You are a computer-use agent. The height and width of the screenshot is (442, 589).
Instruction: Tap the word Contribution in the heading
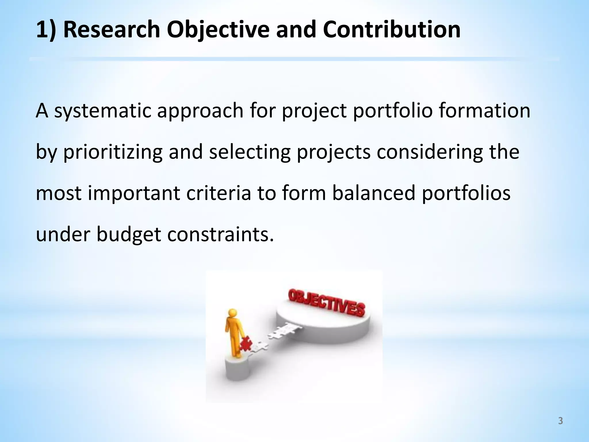point(391,30)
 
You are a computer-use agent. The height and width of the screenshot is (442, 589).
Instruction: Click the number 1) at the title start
point(46,30)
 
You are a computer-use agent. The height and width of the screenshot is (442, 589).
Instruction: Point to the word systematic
point(103,111)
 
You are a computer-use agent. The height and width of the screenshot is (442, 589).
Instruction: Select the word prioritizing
point(113,153)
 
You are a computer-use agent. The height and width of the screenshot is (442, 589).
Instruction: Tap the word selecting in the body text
point(250,153)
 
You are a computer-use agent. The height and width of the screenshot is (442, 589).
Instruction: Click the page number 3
point(560,421)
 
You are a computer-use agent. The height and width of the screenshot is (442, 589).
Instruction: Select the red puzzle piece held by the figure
point(246,344)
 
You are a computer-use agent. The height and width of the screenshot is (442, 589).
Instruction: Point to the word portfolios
point(466,193)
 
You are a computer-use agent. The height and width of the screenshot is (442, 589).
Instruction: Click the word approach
point(200,111)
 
